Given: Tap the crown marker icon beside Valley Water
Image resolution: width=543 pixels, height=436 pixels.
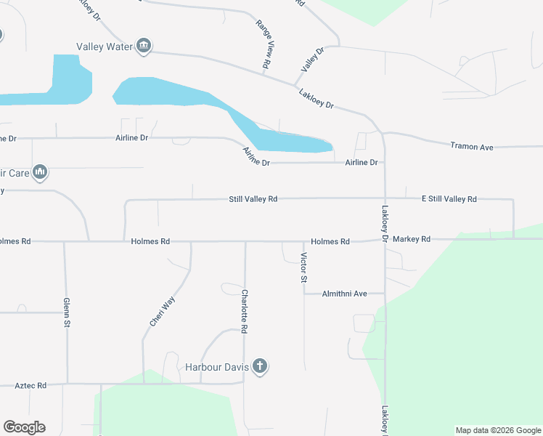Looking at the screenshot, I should click(x=144, y=47).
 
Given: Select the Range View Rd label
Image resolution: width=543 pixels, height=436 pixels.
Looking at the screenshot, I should click(x=264, y=45).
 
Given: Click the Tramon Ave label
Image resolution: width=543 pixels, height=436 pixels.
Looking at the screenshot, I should click(x=472, y=147).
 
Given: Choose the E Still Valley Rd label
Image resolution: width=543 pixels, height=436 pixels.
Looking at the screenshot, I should click(x=449, y=198).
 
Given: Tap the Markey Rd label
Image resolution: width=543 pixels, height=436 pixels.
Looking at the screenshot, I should click(x=411, y=238).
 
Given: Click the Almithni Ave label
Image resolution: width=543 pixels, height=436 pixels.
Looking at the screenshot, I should click(x=345, y=294).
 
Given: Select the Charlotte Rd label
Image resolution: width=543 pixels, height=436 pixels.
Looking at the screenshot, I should click(x=245, y=311).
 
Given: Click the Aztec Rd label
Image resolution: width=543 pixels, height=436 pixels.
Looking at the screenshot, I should click(x=30, y=385).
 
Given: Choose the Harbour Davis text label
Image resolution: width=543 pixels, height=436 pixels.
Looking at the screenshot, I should click(x=216, y=367).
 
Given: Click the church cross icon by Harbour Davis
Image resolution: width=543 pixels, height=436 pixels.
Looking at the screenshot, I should click(x=260, y=367).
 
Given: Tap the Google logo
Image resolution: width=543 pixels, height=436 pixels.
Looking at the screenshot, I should click(x=24, y=427).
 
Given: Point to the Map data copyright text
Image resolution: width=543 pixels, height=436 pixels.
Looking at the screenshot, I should click(x=498, y=430).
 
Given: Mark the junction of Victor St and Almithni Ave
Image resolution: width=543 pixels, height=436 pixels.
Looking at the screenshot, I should click(x=304, y=294).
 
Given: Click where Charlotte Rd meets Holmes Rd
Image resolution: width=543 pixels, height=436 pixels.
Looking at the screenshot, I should click(x=245, y=241).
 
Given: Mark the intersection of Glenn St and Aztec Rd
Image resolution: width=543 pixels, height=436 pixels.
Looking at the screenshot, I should click(x=67, y=383).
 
